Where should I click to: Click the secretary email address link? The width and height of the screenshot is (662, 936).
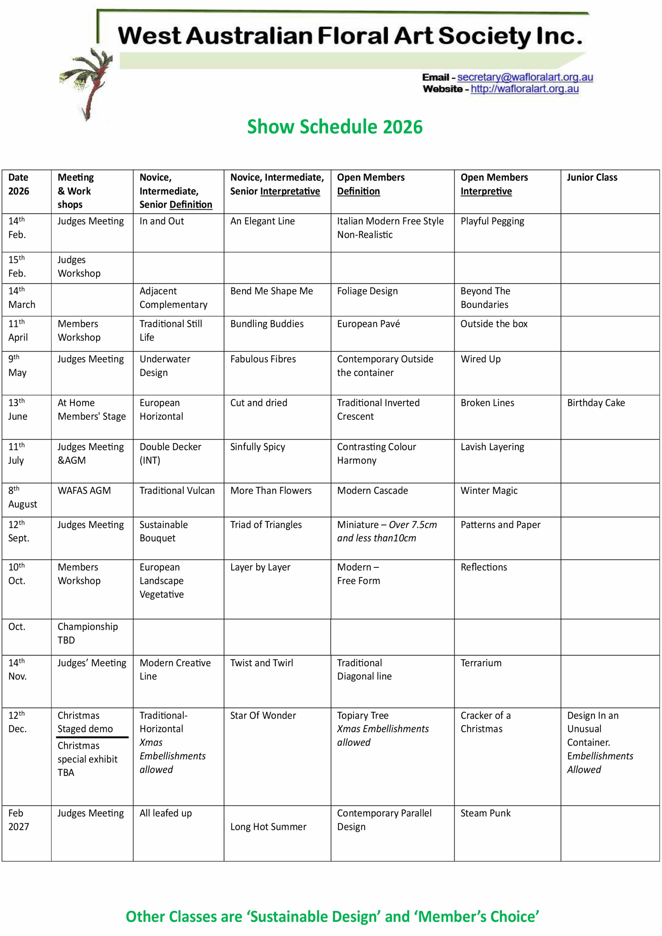(524, 77)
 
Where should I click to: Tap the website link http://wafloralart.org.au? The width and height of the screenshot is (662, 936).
(524, 89)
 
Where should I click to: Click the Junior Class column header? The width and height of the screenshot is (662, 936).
(591, 177)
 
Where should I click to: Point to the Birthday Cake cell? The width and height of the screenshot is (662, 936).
(595, 403)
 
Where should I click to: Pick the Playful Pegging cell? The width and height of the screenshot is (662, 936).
(492, 221)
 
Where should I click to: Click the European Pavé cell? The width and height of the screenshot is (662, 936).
(368, 324)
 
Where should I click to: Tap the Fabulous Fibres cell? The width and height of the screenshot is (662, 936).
(263, 359)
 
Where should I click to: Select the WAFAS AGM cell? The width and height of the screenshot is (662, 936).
(84, 490)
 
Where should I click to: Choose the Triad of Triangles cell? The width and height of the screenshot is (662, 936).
(266, 525)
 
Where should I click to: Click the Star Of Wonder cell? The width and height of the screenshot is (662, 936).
(263, 716)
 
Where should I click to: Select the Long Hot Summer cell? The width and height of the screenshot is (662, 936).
(268, 827)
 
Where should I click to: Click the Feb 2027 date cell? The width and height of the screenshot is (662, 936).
(18, 820)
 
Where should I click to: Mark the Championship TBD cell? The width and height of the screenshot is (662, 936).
(87, 633)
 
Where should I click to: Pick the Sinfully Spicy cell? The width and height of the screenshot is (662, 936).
(257, 447)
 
